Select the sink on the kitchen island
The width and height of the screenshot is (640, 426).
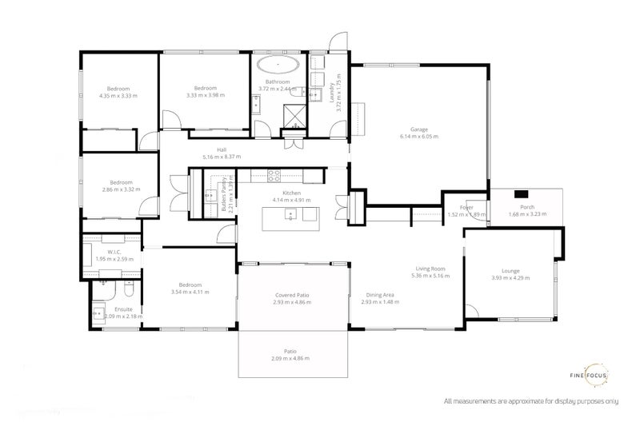(291, 213)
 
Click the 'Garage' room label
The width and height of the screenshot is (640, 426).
(418, 129)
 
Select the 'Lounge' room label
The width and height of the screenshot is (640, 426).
(510, 270)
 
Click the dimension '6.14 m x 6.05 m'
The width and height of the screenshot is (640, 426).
(418, 137)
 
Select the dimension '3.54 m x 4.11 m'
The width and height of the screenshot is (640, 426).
(190, 293)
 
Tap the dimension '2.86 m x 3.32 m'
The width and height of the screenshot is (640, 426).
(121, 189)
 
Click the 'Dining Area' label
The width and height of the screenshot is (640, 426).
(380, 295)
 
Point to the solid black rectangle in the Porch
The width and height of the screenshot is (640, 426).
(522, 193)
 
